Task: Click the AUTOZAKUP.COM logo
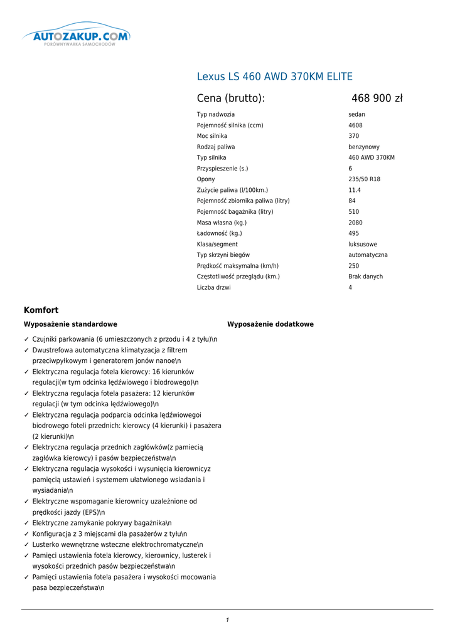pos(76,38)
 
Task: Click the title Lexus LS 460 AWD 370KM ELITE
pos(274,77)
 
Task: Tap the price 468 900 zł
pos(377,98)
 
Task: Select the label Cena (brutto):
pos(230,98)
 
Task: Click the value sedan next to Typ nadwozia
pos(356,115)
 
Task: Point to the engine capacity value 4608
pos(355,125)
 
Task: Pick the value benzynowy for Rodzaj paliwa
pos(363,147)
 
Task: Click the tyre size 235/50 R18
pos(364,179)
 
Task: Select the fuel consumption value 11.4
pos(355,190)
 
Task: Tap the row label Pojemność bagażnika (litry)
pos(235,212)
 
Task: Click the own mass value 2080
pos(355,223)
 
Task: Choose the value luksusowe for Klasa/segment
pos(363,245)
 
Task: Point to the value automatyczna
pos(368,255)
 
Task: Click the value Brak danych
pos(365,276)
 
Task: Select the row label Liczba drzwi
pos(213,288)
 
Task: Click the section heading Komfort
pos(41,310)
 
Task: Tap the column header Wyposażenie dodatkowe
pos(270,324)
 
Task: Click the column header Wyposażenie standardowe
pos(70,324)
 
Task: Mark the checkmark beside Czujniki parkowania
pos(26,339)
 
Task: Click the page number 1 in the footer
pos(227,620)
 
